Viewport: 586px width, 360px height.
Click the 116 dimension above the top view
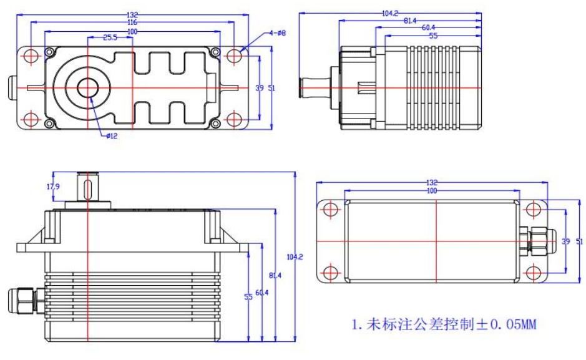pos(132,22)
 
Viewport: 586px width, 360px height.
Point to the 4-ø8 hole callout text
pos(276,32)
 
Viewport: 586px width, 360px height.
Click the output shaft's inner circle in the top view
pos(87,87)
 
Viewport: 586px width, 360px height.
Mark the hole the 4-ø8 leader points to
pos(233,56)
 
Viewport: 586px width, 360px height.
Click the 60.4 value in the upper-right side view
pos(428,28)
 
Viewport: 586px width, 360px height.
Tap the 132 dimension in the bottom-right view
pos(432,183)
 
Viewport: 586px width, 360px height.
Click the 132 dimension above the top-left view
pos(132,14)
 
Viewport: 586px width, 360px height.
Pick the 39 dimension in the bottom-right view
pos(566,241)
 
